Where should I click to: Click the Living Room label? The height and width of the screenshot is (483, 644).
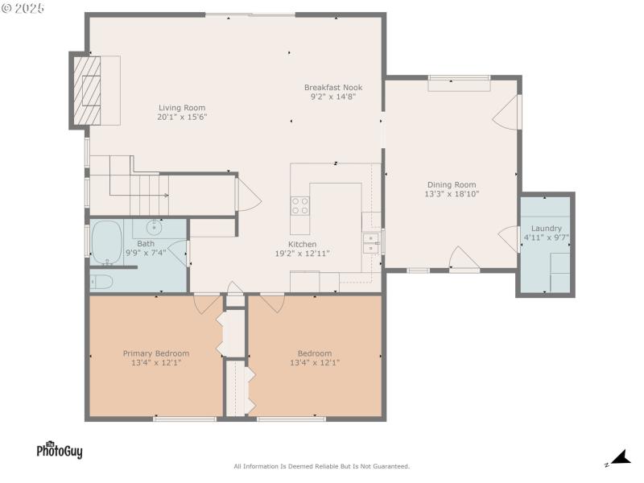click(x=181, y=107)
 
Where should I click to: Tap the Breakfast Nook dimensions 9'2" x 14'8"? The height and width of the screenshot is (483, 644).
click(x=332, y=97)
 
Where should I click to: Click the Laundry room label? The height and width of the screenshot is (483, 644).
click(x=546, y=229)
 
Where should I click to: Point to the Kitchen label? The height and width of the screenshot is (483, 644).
click(x=303, y=244)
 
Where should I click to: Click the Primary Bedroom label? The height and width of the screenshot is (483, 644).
click(x=155, y=353)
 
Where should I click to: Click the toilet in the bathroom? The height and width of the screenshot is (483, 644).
click(x=102, y=281)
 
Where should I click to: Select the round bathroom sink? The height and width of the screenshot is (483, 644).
click(x=153, y=228)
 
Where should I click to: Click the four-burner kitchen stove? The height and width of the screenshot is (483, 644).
click(x=299, y=205)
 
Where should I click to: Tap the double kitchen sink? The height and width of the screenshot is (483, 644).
click(x=371, y=243)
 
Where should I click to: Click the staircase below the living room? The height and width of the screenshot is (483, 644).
click(x=141, y=187)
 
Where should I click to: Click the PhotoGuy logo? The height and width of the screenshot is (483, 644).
click(x=59, y=450)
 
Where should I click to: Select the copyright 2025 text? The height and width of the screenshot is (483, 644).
click(x=24, y=7)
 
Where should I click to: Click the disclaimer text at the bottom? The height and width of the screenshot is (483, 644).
click(x=321, y=466)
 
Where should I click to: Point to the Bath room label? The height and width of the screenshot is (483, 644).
click(x=145, y=244)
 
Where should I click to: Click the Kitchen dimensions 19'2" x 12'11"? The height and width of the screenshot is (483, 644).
click(x=303, y=254)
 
